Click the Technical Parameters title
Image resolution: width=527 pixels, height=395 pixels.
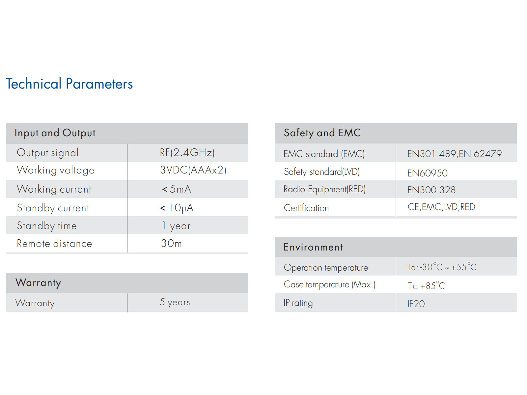point(69,84)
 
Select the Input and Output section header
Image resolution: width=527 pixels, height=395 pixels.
point(55,133)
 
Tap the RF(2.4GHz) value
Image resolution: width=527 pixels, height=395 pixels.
point(187,152)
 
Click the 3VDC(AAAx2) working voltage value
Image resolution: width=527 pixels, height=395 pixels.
point(193,170)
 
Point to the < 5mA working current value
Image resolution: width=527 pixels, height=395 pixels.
point(177,189)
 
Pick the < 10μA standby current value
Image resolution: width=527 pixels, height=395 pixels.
point(177,208)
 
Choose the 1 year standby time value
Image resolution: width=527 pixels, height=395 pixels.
point(176,226)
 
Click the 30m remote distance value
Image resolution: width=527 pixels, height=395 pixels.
point(171,244)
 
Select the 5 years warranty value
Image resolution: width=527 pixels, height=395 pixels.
point(175,302)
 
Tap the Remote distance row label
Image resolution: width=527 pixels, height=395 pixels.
point(54,244)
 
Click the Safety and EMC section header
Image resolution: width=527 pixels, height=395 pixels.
point(322,133)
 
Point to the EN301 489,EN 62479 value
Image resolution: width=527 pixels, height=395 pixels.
point(454,154)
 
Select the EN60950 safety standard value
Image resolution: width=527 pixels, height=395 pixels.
point(427,173)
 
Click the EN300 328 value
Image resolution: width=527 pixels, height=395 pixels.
point(431,190)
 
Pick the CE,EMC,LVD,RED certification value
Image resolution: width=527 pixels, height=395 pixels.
point(441,207)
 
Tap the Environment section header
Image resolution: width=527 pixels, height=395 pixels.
point(313,247)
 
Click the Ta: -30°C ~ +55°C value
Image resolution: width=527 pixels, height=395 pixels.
point(442,267)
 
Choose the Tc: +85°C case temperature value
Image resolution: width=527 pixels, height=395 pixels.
point(426,285)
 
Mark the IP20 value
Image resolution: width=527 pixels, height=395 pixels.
point(416,304)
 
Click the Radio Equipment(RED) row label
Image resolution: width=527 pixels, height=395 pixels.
point(324,189)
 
